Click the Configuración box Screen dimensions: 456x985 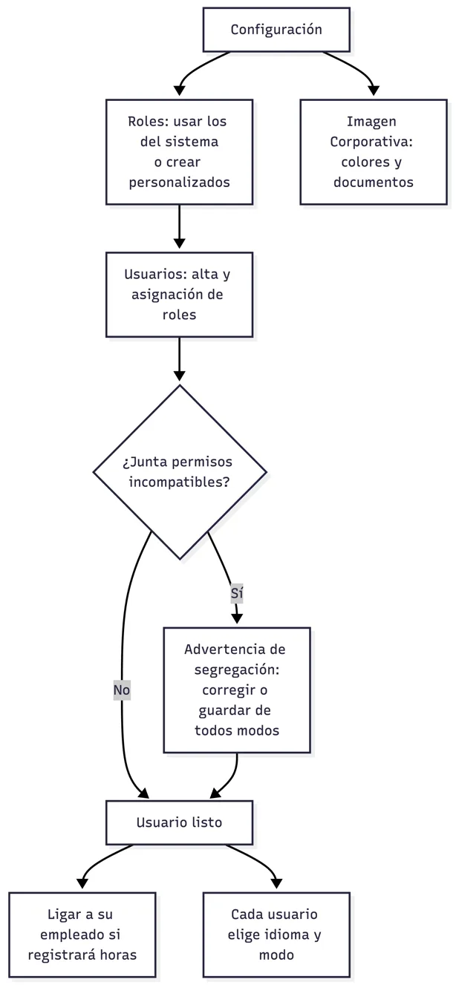276,30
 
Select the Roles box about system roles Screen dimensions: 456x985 179,151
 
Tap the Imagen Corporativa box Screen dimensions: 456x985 374,151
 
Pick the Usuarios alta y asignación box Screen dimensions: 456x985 179,295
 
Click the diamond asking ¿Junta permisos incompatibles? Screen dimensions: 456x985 180,472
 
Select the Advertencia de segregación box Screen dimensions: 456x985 237,690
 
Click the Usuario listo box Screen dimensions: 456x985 179,822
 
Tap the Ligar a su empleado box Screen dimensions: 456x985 82,935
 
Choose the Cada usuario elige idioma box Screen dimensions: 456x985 276,935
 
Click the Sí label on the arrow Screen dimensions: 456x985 237,593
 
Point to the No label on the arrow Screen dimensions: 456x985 122,690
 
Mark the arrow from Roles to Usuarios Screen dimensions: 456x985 179,226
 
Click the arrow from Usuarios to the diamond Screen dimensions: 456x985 179,359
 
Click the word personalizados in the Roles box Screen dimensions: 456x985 179,183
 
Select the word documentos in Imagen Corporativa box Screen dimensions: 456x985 374,182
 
